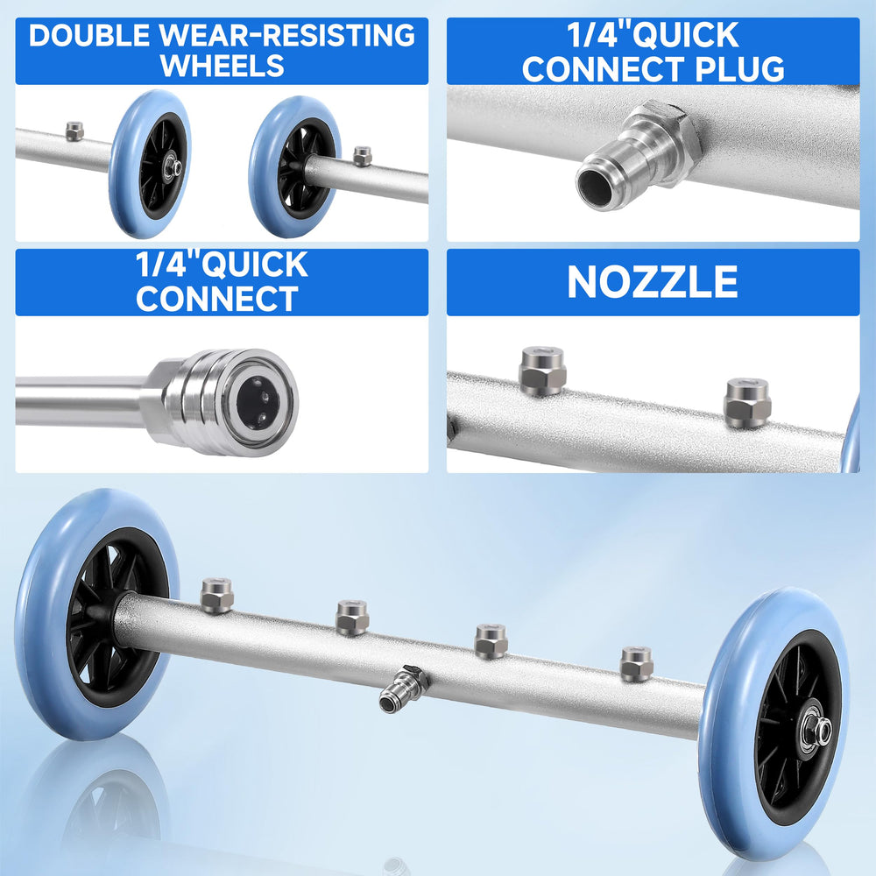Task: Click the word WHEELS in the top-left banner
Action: click(x=222, y=66)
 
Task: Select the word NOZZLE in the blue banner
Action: click(x=653, y=281)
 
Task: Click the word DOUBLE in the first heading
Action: click(x=88, y=35)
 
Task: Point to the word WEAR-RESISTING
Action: click(x=287, y=35)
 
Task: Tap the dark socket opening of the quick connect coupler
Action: click(x=258, y=401)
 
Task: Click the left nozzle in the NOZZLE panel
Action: click(x=542, y=371)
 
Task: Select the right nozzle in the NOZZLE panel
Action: click(x=747, y=403)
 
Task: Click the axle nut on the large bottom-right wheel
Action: click(x=817, y=730)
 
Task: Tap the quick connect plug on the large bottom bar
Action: click(x=403, y=689)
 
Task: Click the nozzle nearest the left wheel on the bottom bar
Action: click(x=216, y=596)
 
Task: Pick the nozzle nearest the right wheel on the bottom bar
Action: click(x=636, y=664)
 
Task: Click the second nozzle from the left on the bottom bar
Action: click(x=352, y=618)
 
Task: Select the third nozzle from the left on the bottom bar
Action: click(x=491, y=641)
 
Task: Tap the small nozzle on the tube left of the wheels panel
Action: click(x=74, y=131)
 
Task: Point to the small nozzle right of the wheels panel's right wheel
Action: click(x=362, y=157)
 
